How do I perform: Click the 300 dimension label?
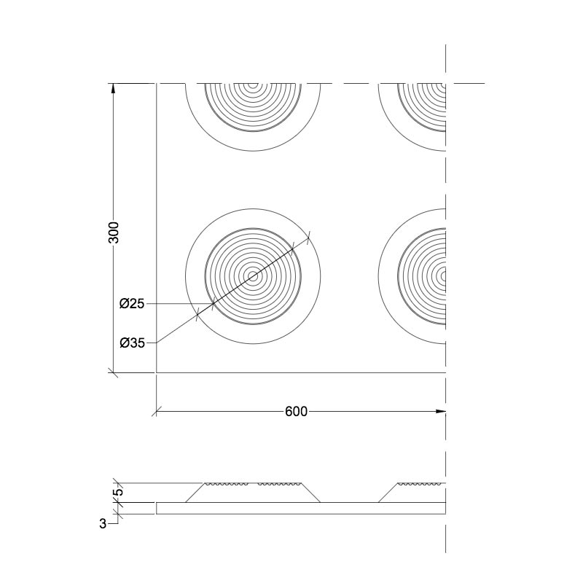coord(114,232)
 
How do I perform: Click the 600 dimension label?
coord(297,412)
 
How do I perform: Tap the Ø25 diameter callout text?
coord(132,304)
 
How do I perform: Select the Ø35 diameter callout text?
coord(132,343)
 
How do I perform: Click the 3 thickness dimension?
coord(103,524)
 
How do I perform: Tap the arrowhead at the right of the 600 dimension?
coord(441,412)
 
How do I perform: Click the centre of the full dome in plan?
coord(253,276)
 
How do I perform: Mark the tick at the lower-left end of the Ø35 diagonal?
coord(197,314)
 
